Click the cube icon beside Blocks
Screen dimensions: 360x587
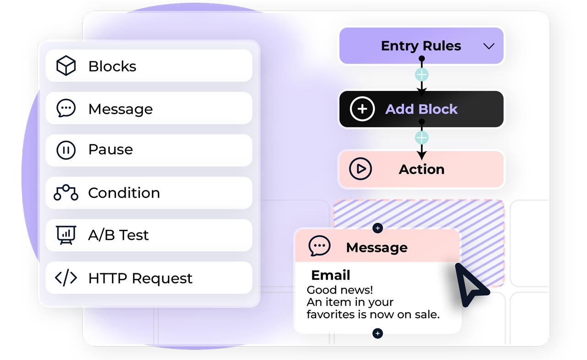(x=66, y=66)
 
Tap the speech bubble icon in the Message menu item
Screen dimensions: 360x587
(x=66, y=109)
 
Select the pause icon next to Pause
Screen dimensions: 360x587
(x=66, y=150)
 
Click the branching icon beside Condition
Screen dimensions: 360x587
(x=66, y=193)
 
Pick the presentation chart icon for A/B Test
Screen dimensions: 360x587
(x=66, y=235)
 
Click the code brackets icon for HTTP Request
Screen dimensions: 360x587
(x=66, y=278)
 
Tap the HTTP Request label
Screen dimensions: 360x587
(x=140, y=278)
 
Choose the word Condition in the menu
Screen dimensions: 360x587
(x=124, y=193)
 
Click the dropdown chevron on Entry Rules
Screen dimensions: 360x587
(x=489, y=46)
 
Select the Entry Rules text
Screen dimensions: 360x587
(x=421, y=46)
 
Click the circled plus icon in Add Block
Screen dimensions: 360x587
(x=362, y=109)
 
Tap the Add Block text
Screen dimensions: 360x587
(x=421, y=109)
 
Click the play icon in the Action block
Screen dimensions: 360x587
(x=360, y=169)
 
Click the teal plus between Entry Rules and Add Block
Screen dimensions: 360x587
(x=421, y=74)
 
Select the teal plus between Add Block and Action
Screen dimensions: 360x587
(x=421, y=138)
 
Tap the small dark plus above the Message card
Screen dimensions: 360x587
(x=377, y=228)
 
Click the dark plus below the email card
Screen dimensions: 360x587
(x=377, y=333)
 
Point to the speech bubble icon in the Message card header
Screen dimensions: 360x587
(x=319, y=246)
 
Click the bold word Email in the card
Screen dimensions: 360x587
(x=331, y=275)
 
